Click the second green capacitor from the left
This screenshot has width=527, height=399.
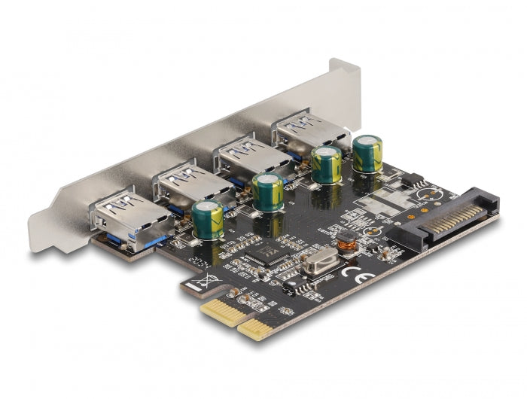268,191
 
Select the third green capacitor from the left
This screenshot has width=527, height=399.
326,164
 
